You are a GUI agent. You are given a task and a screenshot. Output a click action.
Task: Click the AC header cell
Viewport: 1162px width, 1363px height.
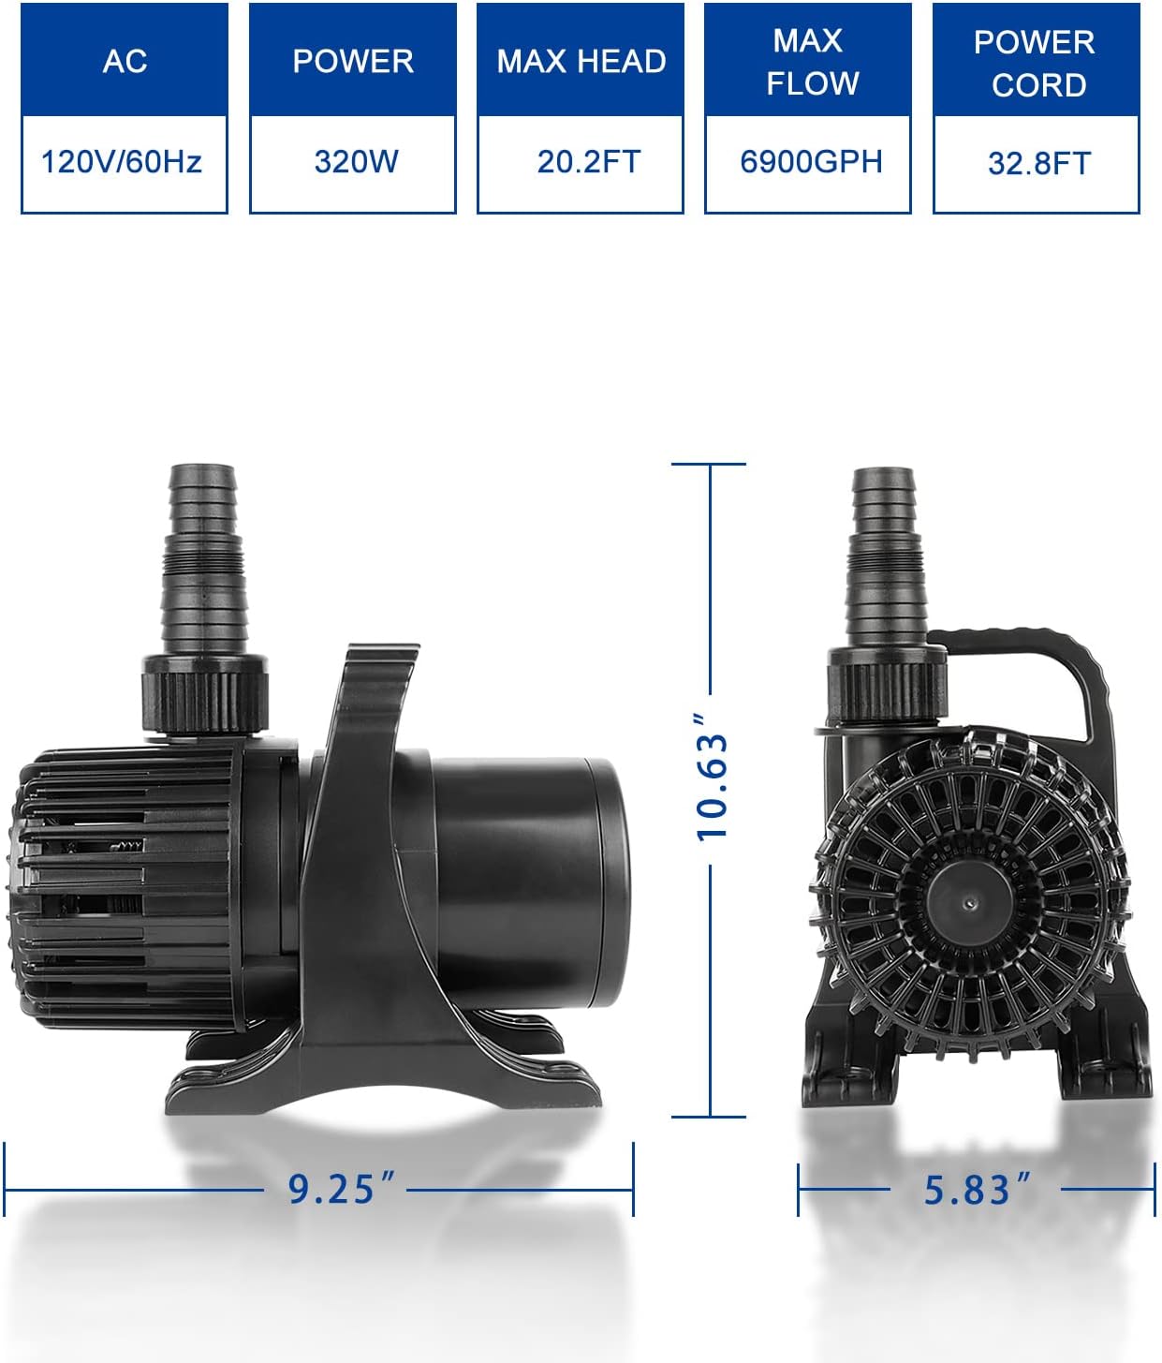click(x=125, y=60)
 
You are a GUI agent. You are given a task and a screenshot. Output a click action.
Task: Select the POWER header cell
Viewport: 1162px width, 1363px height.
click(x=352, y=60)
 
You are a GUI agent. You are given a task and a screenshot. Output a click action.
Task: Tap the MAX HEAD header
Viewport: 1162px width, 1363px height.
click(x=581, y=60)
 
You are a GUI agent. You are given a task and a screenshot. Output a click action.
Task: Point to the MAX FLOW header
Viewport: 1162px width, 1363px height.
click(x=808, y=60)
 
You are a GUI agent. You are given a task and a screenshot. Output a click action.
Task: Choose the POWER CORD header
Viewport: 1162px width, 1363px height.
click(x=1036, y=62)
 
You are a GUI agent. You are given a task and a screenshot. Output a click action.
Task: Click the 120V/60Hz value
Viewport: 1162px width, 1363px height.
click(x=122, y=162)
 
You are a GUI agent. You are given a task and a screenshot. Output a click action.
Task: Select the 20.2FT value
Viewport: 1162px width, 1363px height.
click(x=588, y=162)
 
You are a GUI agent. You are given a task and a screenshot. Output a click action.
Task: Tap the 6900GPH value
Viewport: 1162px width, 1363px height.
click(x=811, y=162)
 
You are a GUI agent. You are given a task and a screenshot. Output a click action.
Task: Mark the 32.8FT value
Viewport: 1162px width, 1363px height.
click(x=1039, y=164)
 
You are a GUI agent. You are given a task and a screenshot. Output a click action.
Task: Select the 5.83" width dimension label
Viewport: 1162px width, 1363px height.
click(x=975, y=1190)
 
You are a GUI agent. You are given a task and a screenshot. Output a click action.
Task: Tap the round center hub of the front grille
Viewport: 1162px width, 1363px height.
click(x=968, y=901)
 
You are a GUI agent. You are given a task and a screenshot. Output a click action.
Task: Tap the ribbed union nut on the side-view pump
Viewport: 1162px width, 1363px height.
click(x=205, y=693)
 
